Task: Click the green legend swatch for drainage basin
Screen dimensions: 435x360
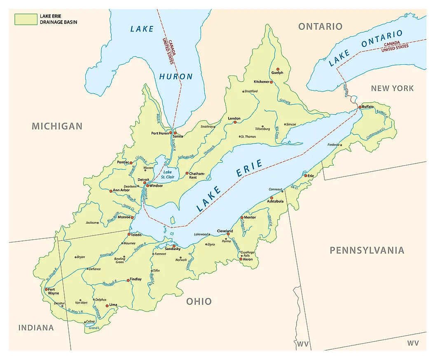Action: pos(26,19)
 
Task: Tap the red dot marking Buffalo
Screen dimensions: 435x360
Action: pos(360,107)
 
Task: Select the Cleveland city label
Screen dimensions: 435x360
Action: pos(225,231)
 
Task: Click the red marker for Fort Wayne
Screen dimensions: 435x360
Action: pos(46,289)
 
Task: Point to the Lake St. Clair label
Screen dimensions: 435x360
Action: pos(168,175)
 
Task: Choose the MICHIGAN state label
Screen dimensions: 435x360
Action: pos(57,126)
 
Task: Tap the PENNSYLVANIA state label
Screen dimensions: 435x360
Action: pos(367,250)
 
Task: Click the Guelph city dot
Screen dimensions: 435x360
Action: pos(278,69)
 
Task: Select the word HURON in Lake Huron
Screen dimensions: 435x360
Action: pos(176,76)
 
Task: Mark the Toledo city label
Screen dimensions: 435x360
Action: pos(136,235)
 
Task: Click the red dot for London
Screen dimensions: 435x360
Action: pos(234,122)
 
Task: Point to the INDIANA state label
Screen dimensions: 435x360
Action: pos(36,327)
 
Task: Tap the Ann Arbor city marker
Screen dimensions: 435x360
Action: pos(110,191)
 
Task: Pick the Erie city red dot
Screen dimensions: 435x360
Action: pos(306,176)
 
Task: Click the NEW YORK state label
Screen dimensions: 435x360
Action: pos(392,88)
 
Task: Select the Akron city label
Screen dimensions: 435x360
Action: pos(248,259)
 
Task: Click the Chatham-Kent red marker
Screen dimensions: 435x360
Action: pos(187,173)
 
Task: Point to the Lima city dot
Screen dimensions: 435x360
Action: pos(107,306)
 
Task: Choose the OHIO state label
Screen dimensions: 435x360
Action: pos(199,301)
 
